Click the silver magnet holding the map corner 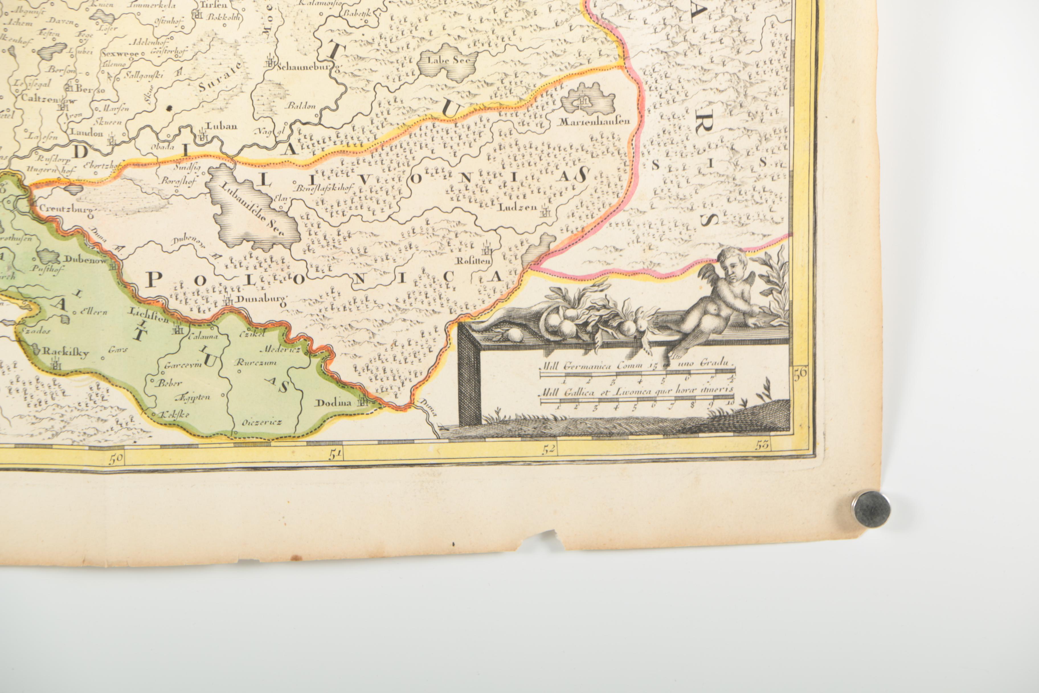(x=872, y=509)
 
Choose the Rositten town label (x=474, y=261)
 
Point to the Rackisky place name (x=66, y=352)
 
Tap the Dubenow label (x=85, y=260)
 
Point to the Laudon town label (x=87, y=133)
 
